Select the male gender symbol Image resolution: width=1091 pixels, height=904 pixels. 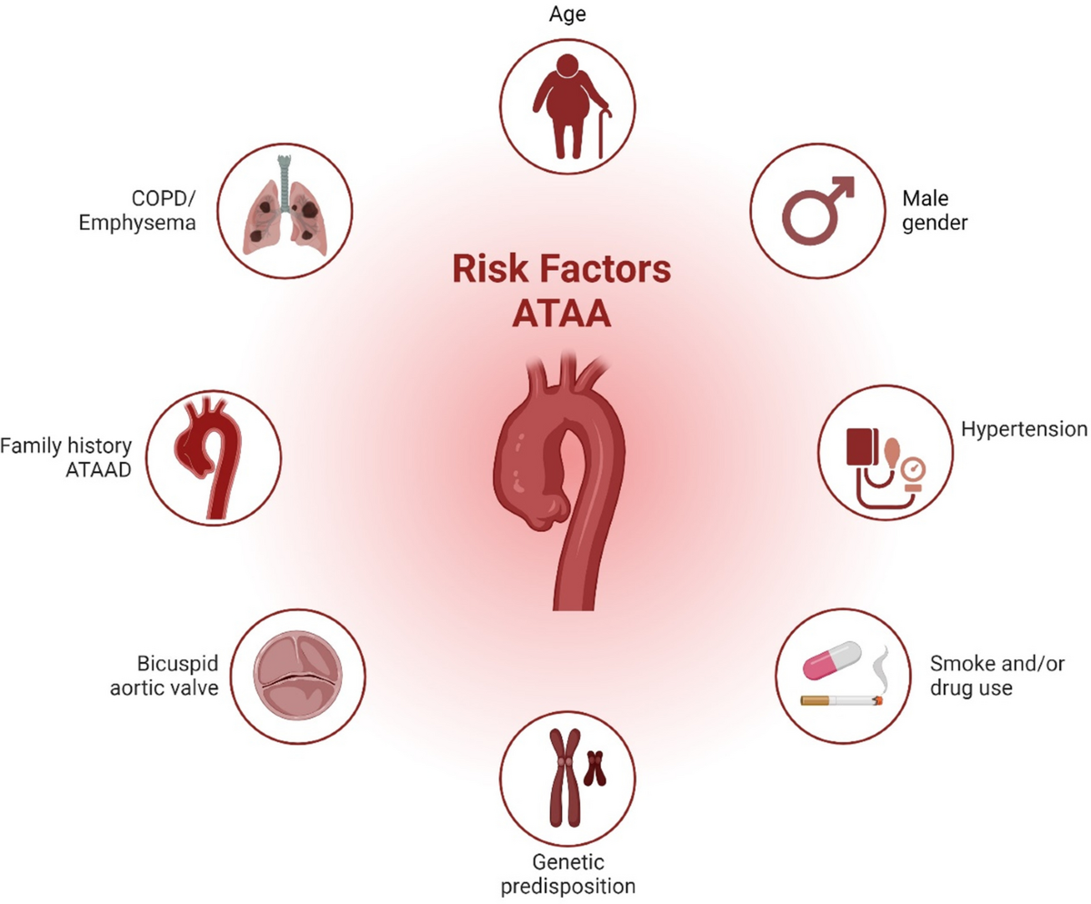pos(819,212)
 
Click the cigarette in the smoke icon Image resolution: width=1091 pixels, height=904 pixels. pos(840,700)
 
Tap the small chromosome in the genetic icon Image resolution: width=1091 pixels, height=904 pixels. pos(596,768)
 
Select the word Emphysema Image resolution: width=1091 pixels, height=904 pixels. pos(149,222)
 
